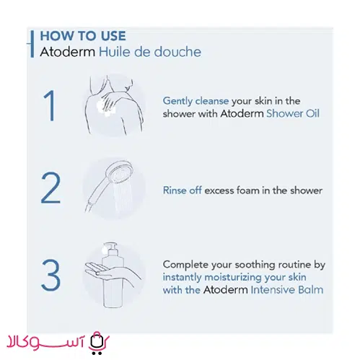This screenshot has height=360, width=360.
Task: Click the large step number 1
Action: pos(50,105)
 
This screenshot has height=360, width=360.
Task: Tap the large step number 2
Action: pos(51,188)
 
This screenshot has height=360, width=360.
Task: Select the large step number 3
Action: pos(51,275)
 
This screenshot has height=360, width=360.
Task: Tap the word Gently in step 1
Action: pos(177,101)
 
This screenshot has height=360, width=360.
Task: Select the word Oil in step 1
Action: pos(312,113)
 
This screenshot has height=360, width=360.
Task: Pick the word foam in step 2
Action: pos(247,190)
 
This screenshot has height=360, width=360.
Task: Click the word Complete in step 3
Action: pos(185,265)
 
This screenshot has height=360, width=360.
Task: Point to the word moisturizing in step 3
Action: pos(233,277)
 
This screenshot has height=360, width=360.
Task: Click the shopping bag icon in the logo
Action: pos(97,343)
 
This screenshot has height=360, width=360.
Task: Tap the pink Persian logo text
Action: pos(45,342)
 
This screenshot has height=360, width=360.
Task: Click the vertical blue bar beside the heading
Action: pos(32,44)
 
